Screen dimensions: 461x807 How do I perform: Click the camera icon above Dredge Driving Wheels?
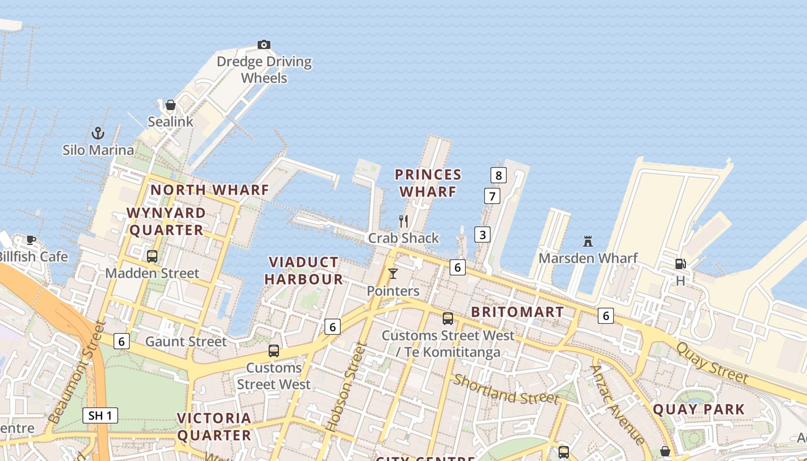point(263,45)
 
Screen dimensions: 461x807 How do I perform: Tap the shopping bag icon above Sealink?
point(171,105)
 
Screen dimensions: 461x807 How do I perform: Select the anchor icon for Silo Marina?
point(98,134)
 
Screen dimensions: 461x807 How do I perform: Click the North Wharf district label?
point(210,190)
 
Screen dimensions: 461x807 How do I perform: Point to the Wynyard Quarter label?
point(166,221)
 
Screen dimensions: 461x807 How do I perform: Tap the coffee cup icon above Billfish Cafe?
point(31,240)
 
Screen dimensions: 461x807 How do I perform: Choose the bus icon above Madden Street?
point(152,256)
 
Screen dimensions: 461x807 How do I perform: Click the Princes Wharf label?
point(428,183)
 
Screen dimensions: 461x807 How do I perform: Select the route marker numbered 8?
point(499,175)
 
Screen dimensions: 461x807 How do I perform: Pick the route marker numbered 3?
point(482,235)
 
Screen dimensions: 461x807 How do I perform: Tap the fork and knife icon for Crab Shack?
point(403,221)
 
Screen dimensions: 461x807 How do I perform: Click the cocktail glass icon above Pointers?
point(393,274)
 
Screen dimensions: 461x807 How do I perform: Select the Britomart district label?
point(518,312)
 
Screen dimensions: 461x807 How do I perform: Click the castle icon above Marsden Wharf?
point(588,241)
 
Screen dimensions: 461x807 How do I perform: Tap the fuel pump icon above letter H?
point(680,264)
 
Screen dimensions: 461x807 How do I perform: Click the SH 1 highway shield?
point(100,415)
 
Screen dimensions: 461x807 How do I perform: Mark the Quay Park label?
point(699,410)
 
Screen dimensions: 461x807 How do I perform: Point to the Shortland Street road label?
point(506,390)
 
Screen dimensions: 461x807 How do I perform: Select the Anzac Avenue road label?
point(617,405)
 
